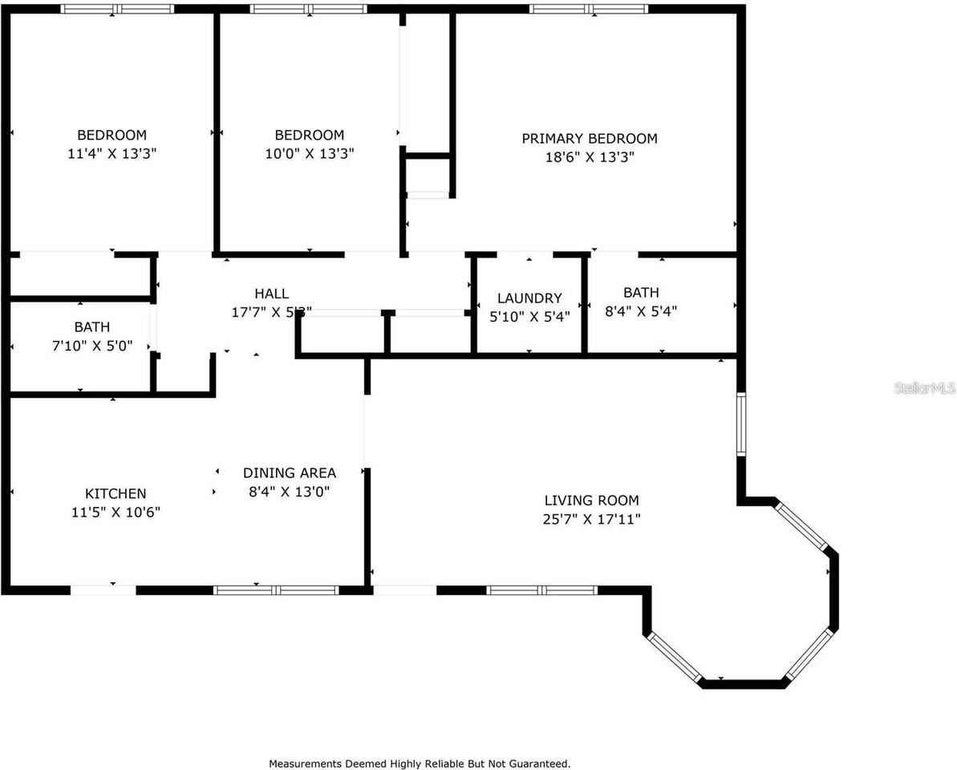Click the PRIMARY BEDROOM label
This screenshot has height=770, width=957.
click(x=589, y=139)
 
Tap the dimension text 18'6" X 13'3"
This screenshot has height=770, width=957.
click(x=589, y=158)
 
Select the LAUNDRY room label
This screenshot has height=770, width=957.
click(x=529, y=298)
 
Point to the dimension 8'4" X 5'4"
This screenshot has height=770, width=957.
click(x=641, y=312)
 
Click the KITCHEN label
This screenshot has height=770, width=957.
click(x=116, y=493)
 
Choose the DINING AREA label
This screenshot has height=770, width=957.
click(x=290, y=473)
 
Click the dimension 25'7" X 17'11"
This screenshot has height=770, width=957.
click(x=590, y=520)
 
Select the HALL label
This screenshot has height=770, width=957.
click(x=271, y=294)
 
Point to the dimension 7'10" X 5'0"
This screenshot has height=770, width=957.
click(x=91, y=346)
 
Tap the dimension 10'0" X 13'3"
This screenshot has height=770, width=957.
click(x=309, y=153)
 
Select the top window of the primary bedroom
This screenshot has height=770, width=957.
click(x=589, y=10)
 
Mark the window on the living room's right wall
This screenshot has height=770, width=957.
click(x=742, y=425)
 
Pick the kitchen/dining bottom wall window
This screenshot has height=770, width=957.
click(x=277, y=590)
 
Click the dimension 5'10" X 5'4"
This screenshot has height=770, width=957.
click(x=529, y=317)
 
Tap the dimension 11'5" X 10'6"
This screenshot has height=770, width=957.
click(x=116, y=512)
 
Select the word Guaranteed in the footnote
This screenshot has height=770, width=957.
click(x=542, y=764)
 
